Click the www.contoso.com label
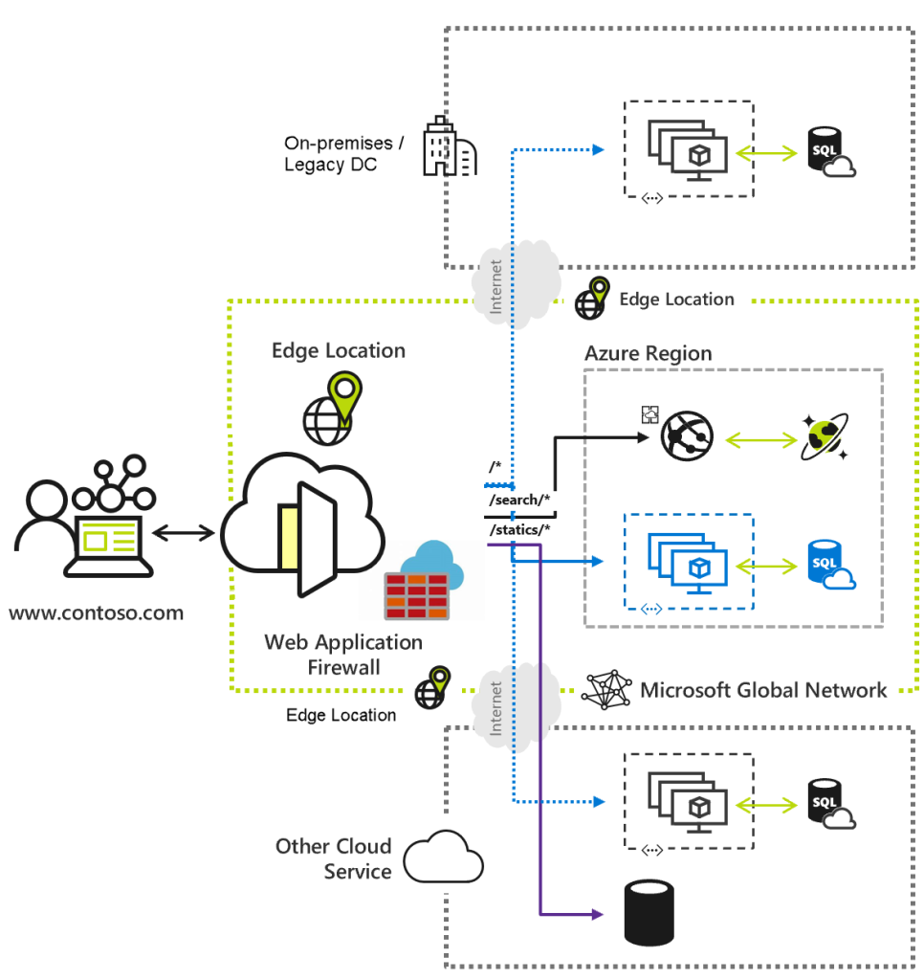click(97, 612)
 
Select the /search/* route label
click(519, 501)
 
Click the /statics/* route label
click(519, 528)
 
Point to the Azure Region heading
click(648, 353)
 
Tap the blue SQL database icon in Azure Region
click(829, 565)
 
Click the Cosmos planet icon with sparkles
click(824, 438)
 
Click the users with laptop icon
click(84, 517)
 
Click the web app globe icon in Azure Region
click(687, 438)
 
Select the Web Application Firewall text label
click(343, 654)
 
